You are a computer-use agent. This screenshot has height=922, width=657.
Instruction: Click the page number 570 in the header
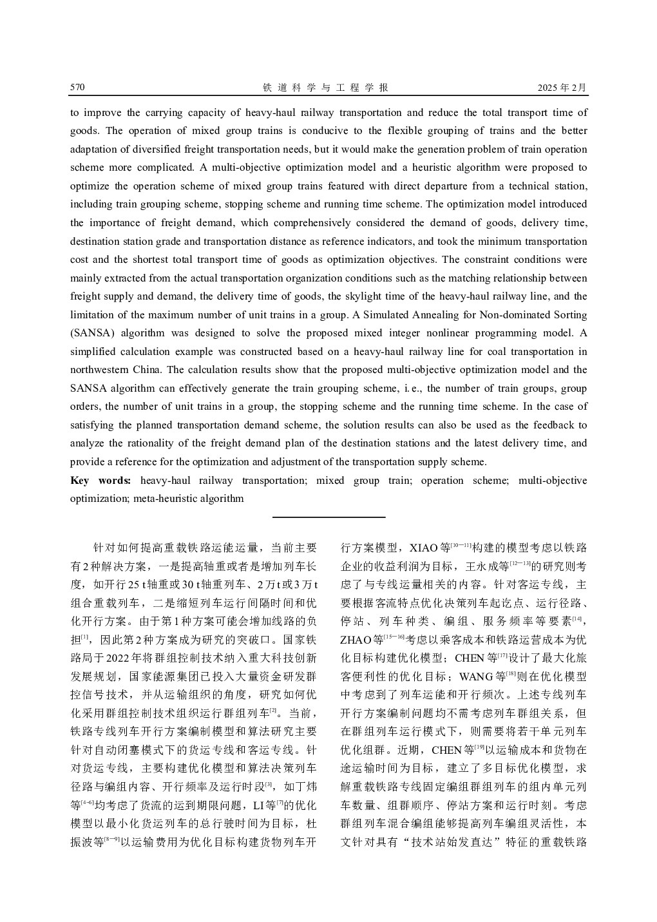point(78,88)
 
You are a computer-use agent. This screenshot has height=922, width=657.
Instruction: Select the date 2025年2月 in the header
point(562,88)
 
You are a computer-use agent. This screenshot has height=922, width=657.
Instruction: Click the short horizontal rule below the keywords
point(328,517)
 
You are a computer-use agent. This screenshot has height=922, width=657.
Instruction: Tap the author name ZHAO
point(352,640)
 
